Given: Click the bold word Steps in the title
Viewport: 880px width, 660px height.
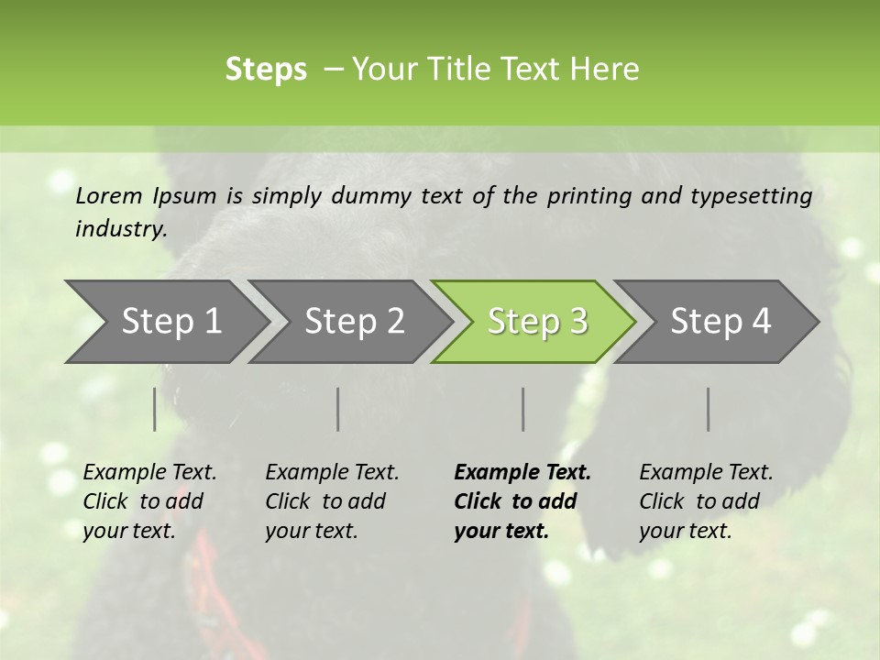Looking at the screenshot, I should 266,70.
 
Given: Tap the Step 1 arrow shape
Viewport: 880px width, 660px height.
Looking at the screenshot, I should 170,322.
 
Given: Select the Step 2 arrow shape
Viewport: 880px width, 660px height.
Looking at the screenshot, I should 354,322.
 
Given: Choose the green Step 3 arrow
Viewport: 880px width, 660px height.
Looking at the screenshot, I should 537,322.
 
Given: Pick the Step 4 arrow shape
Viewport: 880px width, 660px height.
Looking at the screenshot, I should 720,322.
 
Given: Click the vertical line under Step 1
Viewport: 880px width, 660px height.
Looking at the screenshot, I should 155,409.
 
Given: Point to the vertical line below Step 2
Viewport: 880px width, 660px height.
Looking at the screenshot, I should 338,409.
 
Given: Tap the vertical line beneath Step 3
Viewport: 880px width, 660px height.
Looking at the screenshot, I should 523,409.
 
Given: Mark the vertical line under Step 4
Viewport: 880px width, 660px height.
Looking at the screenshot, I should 709,409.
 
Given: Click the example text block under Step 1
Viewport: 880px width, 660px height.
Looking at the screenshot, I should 149,501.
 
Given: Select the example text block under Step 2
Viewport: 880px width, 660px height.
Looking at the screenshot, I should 332,501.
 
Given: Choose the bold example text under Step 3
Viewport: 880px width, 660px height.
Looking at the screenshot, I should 522,501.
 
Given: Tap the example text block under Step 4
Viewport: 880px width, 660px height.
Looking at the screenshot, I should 706,501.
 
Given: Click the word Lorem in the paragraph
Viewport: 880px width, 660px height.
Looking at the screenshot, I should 109,195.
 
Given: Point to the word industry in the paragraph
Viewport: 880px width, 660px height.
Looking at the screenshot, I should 121,229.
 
